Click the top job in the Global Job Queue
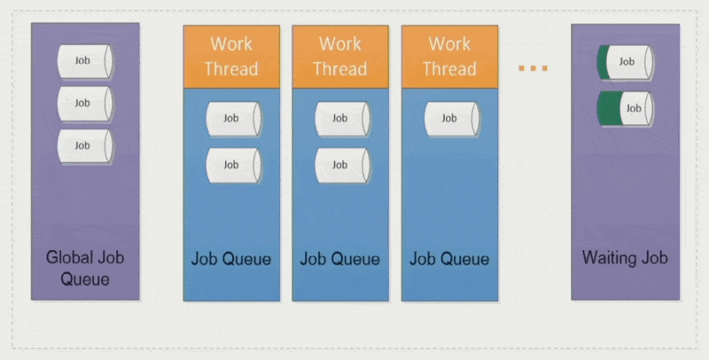pos(85,60)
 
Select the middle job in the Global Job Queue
pos(85,103)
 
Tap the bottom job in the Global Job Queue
pos(85,145)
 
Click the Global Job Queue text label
pos(85,269)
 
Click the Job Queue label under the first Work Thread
pos(231,259)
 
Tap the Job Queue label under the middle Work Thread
pos(340,259)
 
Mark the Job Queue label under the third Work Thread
pos(449,259)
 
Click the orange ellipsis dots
pos(533,68)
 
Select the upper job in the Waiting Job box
pos(626,62)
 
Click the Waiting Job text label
pos(625,258)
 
